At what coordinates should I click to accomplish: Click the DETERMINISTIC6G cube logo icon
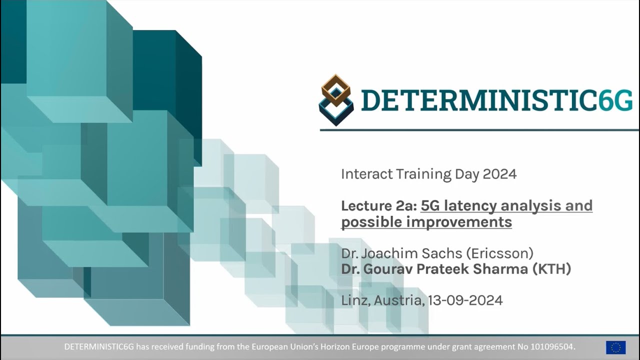336,99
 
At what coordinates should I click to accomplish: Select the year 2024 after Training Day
499,174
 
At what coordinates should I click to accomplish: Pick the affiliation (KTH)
551,269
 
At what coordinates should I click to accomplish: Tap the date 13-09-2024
465,300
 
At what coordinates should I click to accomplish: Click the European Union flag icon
615,347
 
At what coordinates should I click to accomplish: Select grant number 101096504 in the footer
551,347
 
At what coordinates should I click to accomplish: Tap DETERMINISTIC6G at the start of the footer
99,347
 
